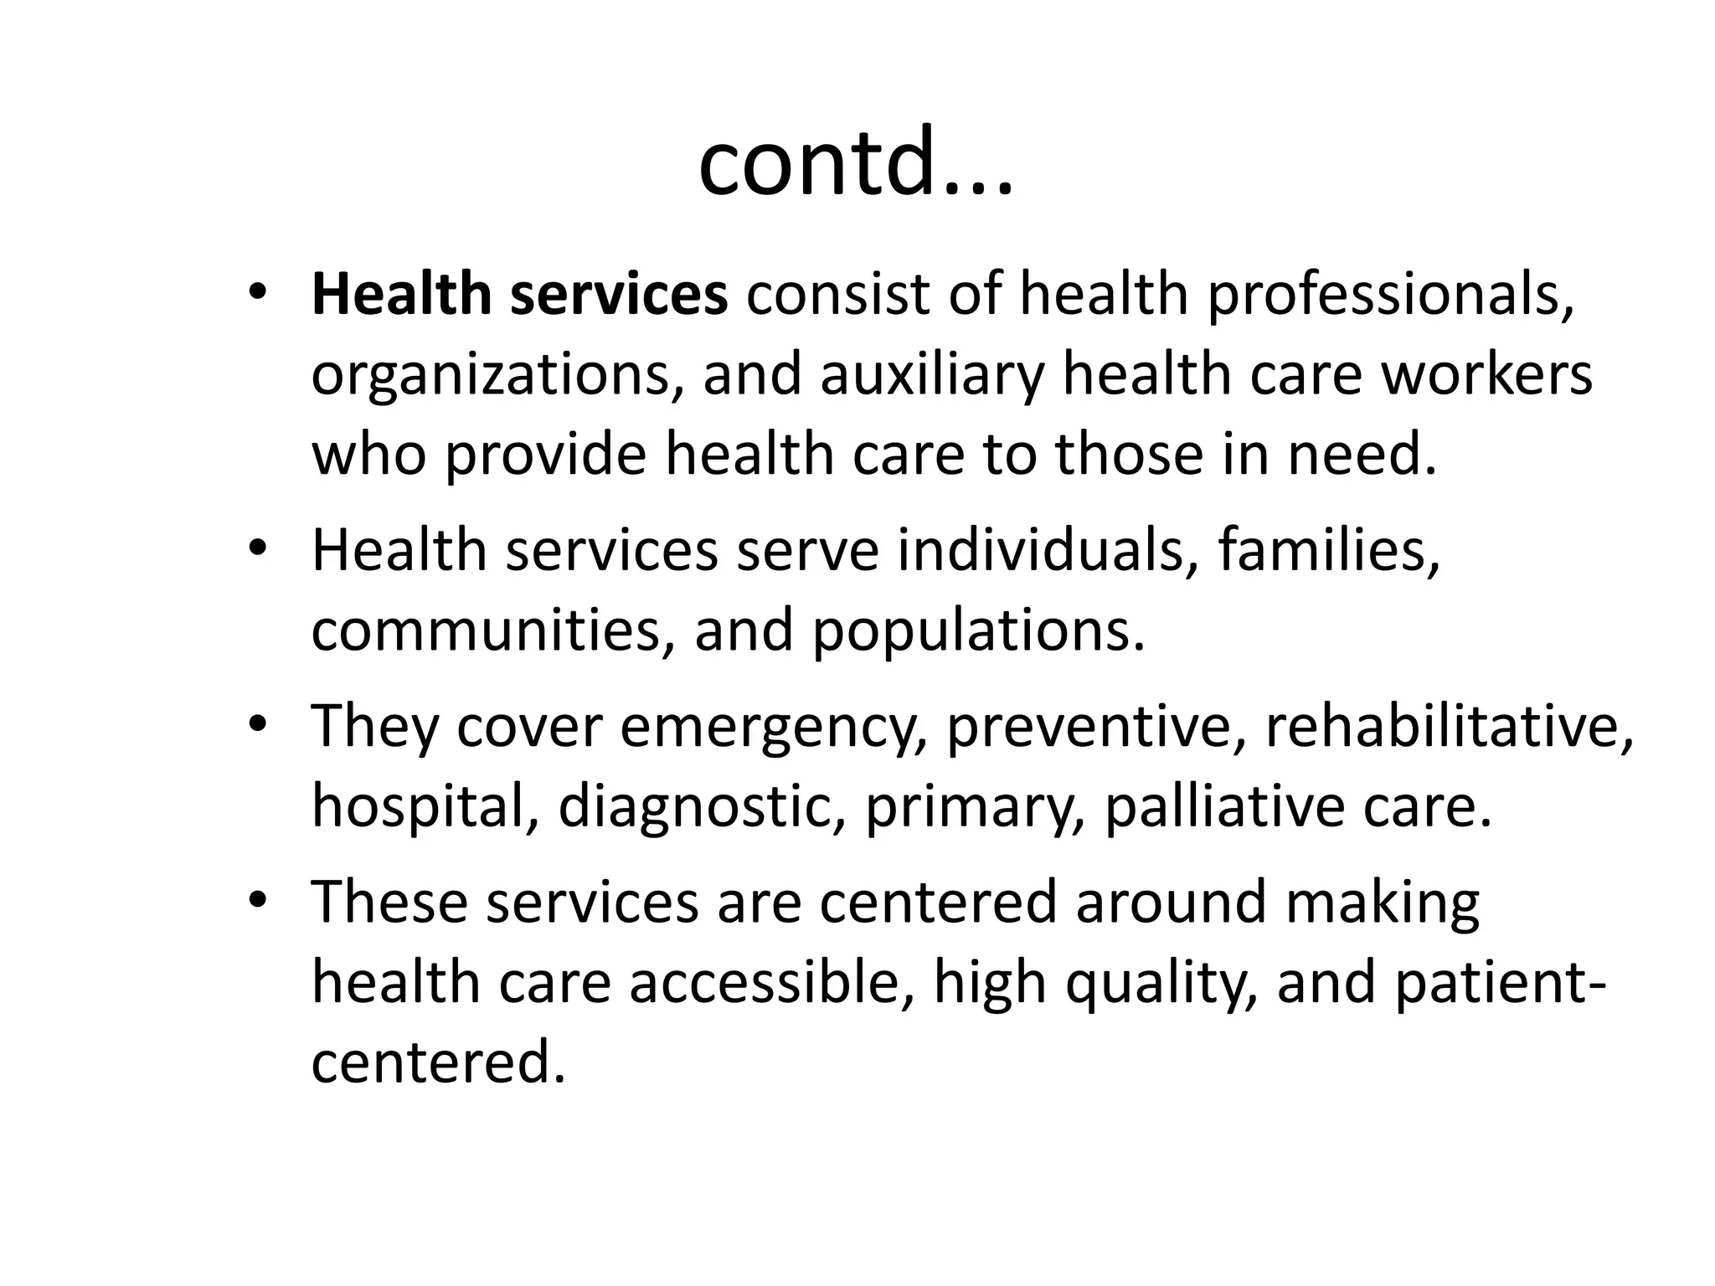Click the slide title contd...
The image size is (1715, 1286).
(854, 162)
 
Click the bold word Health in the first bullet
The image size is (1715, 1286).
(400, 294)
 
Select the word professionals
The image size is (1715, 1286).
(1390, 296)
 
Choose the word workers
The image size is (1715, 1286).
(1486, 374)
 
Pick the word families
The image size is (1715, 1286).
(1329, 550)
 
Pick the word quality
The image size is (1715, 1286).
(1161, 983)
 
